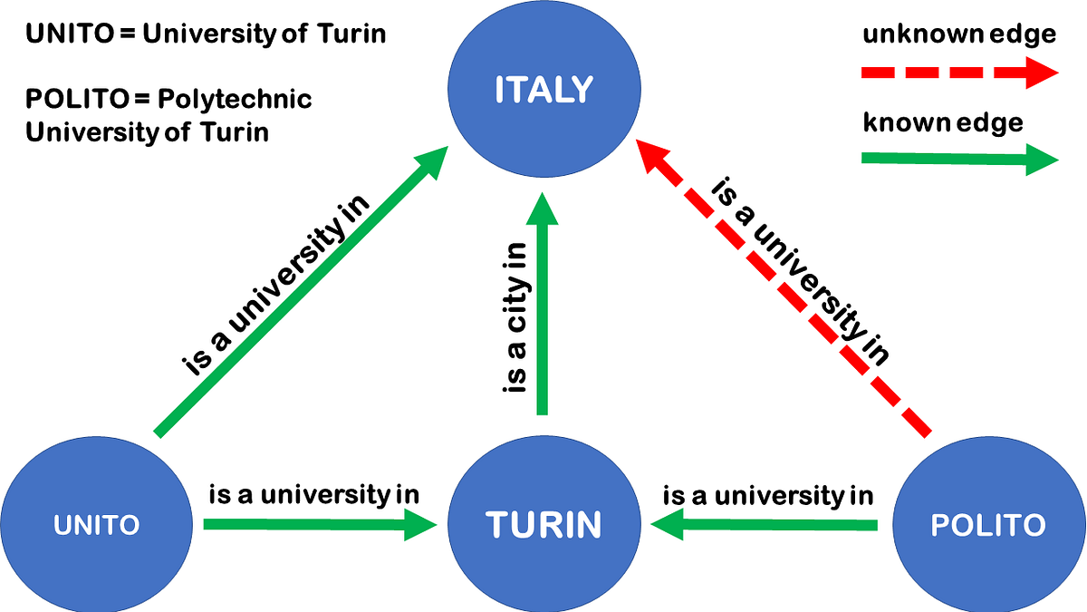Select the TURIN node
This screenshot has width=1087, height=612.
pos(543,524)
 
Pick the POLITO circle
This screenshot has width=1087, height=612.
pos(988,524)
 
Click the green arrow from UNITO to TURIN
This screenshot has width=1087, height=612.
pos(317,524)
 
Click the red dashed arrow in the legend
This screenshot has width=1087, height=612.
pos(960,73)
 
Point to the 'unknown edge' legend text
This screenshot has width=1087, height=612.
pos(959,35)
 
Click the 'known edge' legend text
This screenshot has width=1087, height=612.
pos(943,122)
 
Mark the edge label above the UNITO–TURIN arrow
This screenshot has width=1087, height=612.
pos(314,495)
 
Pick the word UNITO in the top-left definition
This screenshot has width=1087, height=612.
pos(68,34)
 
